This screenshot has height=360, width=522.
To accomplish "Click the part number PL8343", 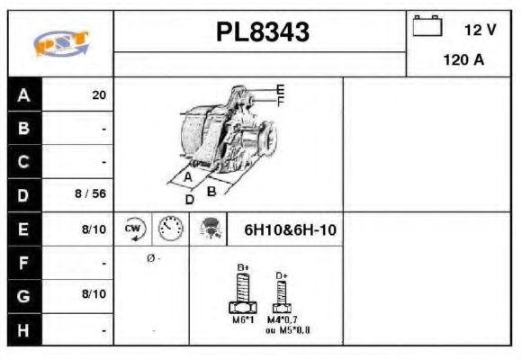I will pos(262,32).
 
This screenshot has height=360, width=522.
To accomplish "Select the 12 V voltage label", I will pos(480,30).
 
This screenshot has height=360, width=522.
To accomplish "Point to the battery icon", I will pos(427,26).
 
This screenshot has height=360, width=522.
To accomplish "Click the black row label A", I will pos(24,94).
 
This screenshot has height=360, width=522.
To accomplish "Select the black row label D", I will pos(24,194).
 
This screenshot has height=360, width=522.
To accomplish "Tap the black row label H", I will pos(24,330).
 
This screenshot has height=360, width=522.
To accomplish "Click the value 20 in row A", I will pos(98,94).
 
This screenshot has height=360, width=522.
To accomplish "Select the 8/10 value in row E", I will pos(94,229).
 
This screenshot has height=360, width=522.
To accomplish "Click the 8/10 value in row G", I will pos(94,294).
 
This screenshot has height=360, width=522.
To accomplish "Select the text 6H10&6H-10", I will pos(290,229).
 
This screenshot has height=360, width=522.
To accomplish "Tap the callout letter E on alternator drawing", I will pos(280,88).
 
